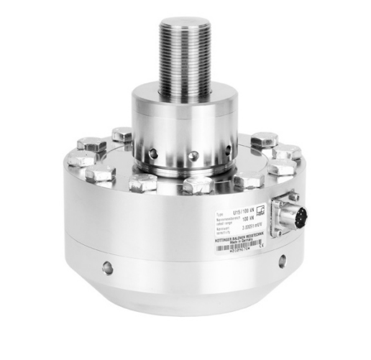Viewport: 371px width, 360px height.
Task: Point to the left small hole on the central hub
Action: pos(152,152)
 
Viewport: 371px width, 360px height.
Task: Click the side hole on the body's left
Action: pos(107,268)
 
